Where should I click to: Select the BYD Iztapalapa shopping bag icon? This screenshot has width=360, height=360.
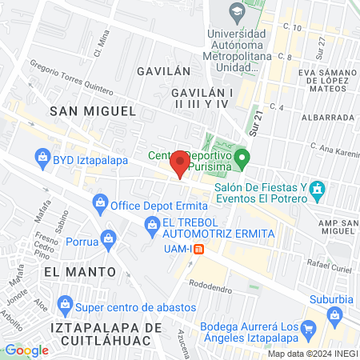pyautogui.click(x=42, y=158)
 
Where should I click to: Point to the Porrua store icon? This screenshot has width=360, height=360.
pyautogui.click(x=108, y=238)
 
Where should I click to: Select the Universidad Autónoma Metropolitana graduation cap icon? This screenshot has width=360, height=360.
pyautogui.click(x=236, y=12)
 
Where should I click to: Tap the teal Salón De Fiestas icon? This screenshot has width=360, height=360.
pyautogui.click(x=318, y=190)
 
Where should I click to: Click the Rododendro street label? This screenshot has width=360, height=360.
pyautogui.click(x=212, y=281)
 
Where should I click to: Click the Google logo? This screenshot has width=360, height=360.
pyautogui.click(x=26, y=350)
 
